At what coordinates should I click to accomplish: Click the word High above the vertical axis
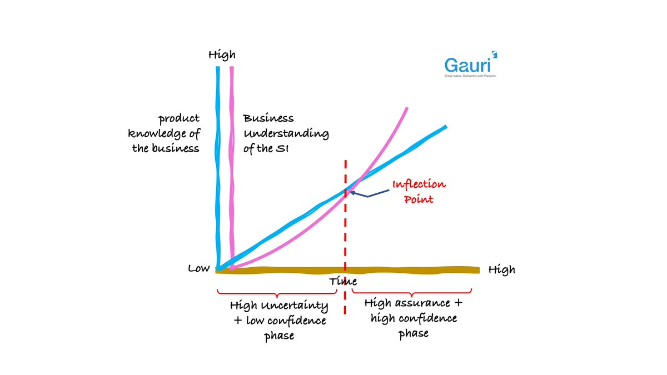coord(222,55)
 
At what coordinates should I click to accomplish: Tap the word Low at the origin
coord(198,269)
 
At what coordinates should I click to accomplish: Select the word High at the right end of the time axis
coord(501,270)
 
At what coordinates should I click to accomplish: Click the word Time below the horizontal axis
coord(342,282)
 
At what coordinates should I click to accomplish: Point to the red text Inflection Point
coord(419,191)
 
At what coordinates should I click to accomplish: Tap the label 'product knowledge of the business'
coord(165,133)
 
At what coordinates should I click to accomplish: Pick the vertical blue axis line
coord(218,167)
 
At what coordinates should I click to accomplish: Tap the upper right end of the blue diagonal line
coord(445,127)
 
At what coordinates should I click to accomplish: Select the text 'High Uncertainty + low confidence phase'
coord(278,321)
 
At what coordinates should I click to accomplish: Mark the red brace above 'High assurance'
coord(412,291)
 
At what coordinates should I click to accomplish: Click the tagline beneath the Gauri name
coord(470,75)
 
